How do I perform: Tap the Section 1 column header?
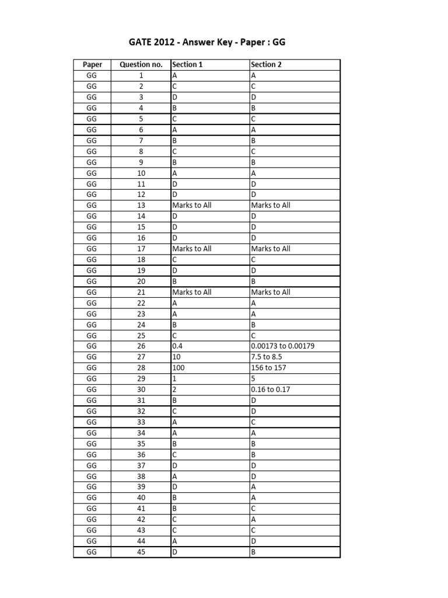pos(187,65)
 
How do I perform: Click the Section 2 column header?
pos(266,65)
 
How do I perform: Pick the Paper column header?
pos(92,65)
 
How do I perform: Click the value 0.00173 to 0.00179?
pos(283,346)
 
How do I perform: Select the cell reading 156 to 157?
pos(269,368)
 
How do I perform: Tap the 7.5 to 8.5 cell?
pos(267,357)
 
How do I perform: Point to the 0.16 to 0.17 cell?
pos(269,390)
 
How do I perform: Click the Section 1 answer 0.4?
pos(177,346)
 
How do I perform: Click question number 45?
pos(141,552)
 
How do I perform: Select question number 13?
pos(141,206)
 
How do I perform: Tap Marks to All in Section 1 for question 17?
pos(192,249)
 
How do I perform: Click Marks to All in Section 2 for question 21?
pos(271,292)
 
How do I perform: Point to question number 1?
pos(141,75)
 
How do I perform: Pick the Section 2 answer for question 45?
pos(254,552)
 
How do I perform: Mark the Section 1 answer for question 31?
pos(175,401)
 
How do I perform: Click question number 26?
pos(141,346)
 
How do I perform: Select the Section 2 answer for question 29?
pos(253,379)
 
